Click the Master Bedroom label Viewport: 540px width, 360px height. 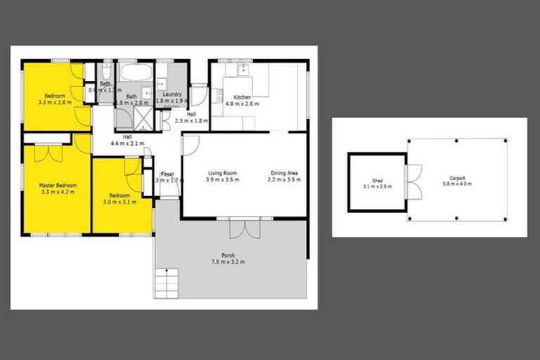pos(58,185)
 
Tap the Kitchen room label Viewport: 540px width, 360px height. pos(243,97)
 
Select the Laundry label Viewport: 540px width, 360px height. pos(172,94)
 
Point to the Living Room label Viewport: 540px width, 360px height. pos(221,173)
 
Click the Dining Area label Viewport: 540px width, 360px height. pos(284,173)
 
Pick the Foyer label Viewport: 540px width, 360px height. pos(167,174)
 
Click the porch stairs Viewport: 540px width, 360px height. pos(167,285)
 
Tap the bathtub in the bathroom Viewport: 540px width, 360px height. pos(134,72)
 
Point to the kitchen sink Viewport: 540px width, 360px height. pos(244,69)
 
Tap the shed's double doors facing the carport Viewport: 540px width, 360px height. pos(413,181)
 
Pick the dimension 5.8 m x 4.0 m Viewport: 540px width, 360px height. pos(457,184)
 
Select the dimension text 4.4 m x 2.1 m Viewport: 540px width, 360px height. pos(127,143)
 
